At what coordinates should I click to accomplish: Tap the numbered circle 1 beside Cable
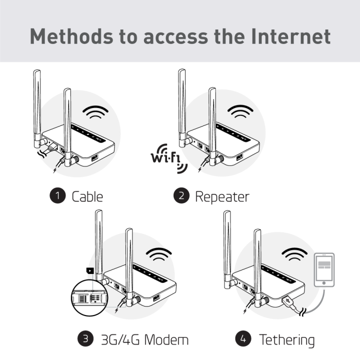click(x=58, y=195)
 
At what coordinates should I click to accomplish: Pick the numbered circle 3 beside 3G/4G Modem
click(x=85, y=339)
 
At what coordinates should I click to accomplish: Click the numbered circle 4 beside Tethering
click(x=243, y=339)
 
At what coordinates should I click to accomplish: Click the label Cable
click(x=87, y=196)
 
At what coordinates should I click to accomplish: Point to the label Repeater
click(x=221, y=196)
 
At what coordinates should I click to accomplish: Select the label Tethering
click(x=286, y=339)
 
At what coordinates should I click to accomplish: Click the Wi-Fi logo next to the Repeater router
click(x=168, y=159)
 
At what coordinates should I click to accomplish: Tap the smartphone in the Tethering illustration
click(x=323, y=270)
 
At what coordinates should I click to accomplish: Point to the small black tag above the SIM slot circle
click(x=89, y=270)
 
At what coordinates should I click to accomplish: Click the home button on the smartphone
click(x=323, y=282)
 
